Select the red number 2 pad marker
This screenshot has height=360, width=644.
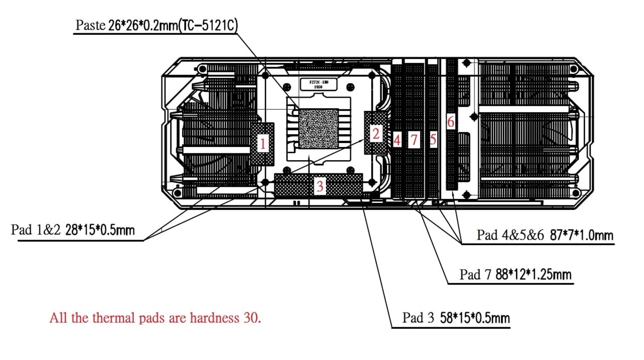(376, 134)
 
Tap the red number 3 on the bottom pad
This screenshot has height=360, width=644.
(319, 187)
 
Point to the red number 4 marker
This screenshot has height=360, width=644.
(397, 140)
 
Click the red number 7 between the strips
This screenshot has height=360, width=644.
(414, 140)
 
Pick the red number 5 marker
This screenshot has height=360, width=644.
(433, 140)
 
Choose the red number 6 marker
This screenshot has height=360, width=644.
(450, 121)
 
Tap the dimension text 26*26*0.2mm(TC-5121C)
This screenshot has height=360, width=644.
(172, 25)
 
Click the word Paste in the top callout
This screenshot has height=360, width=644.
(90, 25)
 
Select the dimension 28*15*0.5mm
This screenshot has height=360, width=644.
(100, 231)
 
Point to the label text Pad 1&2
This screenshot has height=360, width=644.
(36, 231)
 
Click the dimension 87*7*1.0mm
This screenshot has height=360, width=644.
(582, 235)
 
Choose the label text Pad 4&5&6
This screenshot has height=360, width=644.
(511, 235)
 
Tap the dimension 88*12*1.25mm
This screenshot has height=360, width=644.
(534, 274)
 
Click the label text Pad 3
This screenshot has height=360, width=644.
(418, 318)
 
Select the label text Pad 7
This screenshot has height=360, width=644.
(475, 274)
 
